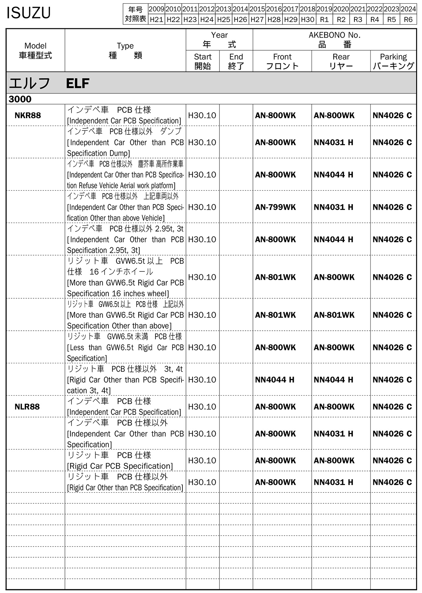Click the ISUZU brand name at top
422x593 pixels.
[x=29, y=13]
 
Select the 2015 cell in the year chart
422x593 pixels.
[x=257, y=9]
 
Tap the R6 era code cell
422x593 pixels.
[x=408, y=19]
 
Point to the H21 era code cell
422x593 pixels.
[x=156, y=19]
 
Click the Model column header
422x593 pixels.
[x=35, y=51]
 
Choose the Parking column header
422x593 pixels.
[x=393, y=61]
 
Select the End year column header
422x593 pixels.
[x=236, y=61]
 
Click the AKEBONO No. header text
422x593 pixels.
[x=334, y=35]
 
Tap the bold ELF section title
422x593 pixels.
[x=78, y=84]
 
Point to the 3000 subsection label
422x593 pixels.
[x=20, y=99]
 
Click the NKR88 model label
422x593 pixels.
[x=28, y=116]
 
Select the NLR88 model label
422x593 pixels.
[x=27, y=407]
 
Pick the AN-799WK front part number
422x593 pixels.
[x=275, y=207]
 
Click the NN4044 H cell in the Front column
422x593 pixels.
[x=275, y=380]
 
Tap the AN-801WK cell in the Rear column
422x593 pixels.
[x=334, y=315]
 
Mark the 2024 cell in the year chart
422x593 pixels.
[x=408, y=9]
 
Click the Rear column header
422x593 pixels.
[x=341, y=61]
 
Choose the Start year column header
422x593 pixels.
[x=203, y=61]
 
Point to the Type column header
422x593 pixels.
[x=125, y=51]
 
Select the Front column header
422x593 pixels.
[x=282, y=61]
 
